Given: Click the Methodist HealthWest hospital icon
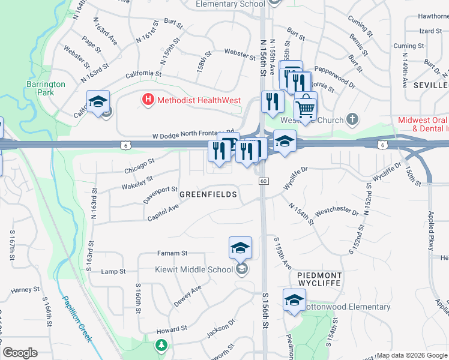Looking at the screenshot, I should click(x=148, y=100).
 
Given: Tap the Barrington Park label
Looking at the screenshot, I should click(x=46, y=88).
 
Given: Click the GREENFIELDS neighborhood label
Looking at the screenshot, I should click(x=208, y=194).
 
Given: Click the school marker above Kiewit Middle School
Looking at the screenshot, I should click(x=240, y=247).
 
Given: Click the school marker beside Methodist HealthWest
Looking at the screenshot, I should click(x=98, y=101).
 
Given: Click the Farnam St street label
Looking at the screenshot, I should click(x=172, y=253).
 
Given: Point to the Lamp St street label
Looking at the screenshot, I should click(x=113, y=271).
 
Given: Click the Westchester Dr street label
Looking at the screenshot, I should click(x=337, y=212).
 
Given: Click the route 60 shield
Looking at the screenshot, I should click(x=263, y=181).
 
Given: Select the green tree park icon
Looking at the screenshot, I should click(x=161, y=345).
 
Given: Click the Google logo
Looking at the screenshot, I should click(x=20, y=353).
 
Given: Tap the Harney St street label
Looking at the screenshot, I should click(x=25, y=290).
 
